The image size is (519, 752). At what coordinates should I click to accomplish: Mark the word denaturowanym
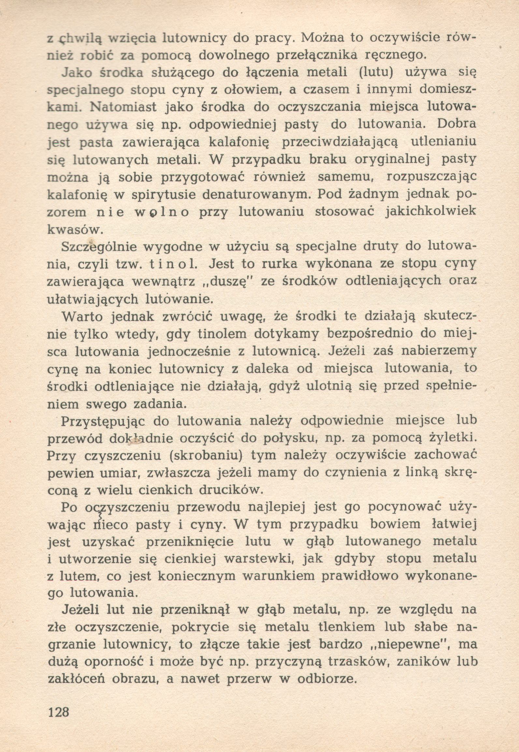[257, 195]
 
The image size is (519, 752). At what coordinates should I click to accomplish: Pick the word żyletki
[447, 438]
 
